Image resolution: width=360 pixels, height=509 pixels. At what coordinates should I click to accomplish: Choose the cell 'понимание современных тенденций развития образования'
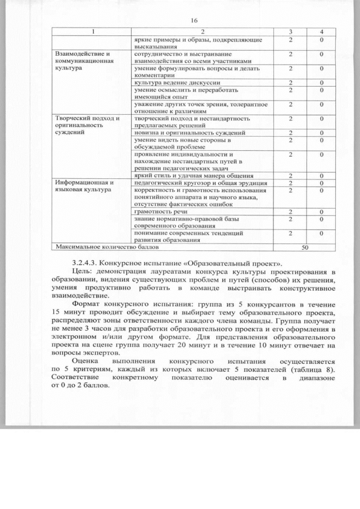188,236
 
